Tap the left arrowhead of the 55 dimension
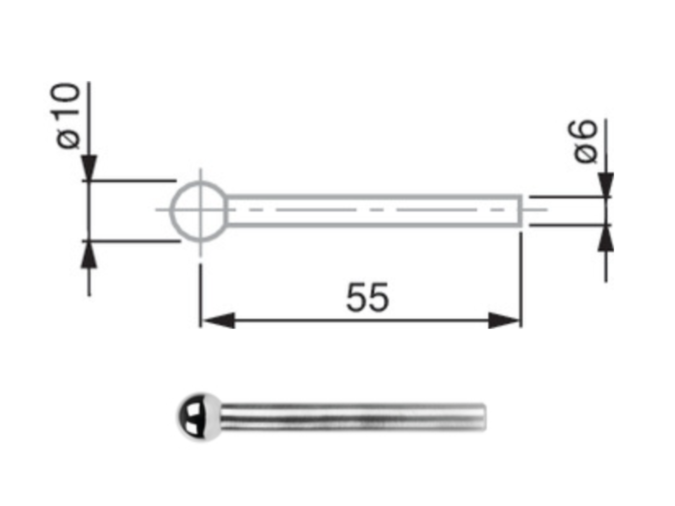coord(218,321)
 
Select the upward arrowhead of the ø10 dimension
coord(89,255)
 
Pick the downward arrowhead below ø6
coord(606,184)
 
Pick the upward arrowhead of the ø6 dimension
coord(606,239)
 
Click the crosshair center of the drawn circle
coord(200,210)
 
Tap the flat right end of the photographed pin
coord(484,417)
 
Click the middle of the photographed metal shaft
coord(351,417)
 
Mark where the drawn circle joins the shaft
coord(227,210)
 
